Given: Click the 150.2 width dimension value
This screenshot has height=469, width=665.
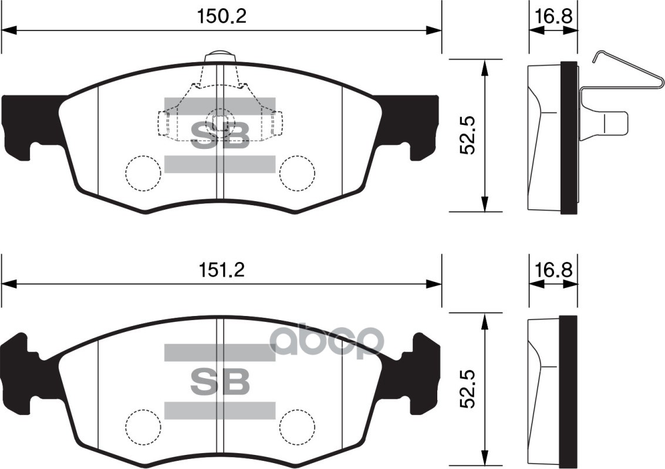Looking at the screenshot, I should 221,16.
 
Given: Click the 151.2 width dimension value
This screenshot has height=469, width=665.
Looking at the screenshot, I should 221,270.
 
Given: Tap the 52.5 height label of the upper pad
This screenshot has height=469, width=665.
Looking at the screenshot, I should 468,135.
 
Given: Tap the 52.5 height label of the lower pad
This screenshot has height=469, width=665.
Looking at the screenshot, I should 468,389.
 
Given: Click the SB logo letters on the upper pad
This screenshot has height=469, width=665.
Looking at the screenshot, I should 220,135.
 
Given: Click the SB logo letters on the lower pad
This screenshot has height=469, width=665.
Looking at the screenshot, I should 220,382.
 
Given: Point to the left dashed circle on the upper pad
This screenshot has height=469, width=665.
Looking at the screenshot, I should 143,173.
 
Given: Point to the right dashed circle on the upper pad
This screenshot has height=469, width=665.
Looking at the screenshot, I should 298,173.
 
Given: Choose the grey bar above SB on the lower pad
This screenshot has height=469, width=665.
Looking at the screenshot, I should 220,352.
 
